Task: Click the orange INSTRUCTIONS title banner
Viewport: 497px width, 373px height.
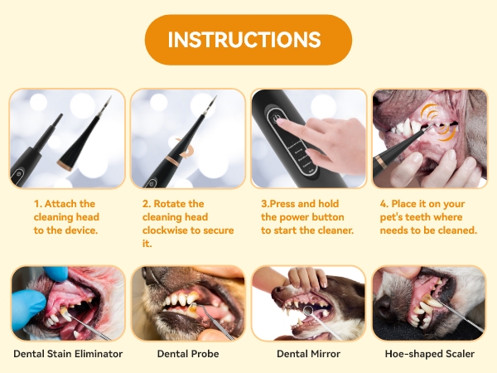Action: [x=248, y=40]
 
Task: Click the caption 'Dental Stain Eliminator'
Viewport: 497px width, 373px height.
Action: [x=68, y=354]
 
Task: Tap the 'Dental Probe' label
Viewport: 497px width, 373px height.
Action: [x=188, y=354]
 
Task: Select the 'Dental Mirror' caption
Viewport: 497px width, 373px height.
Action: [x=308, y=354]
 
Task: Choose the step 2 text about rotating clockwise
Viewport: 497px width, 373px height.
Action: [x=187, y=223]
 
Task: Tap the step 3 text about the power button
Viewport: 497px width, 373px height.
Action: [x=307, y=216]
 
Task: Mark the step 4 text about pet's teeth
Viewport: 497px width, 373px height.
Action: [x=428, y=216]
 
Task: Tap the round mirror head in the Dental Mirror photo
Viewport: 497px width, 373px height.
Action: [x=309, y=314]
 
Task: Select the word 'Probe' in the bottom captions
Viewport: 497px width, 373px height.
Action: [x=203, y=354]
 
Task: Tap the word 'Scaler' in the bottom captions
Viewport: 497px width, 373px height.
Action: [x=458, y=354]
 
